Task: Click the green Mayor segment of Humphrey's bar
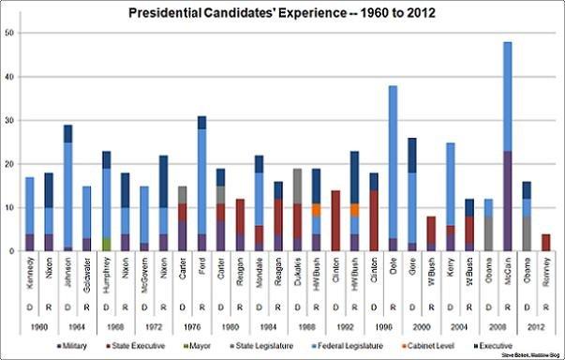click(106, 244)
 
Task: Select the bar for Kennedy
click(29, 206)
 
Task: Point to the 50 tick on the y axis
click(9, 33)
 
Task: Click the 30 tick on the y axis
click(9, 120)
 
